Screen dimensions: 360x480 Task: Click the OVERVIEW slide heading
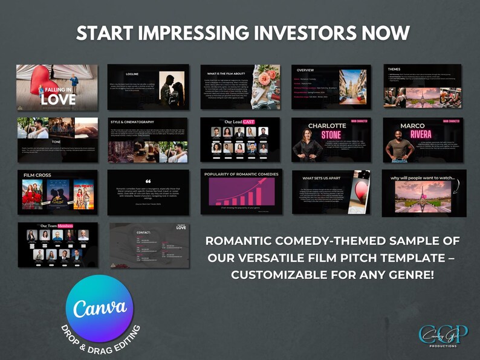[x=306, y=70]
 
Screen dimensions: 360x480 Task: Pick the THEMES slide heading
[x=394, y=69]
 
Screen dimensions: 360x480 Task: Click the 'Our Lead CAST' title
[x=240, y=122]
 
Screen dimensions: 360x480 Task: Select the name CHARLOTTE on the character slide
[x=327, y=126]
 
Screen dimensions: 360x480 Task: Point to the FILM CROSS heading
[x=37, y=175]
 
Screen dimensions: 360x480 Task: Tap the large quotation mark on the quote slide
[x=148, y=181]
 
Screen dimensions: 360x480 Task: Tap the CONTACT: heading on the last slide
[x=143, y=232]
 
